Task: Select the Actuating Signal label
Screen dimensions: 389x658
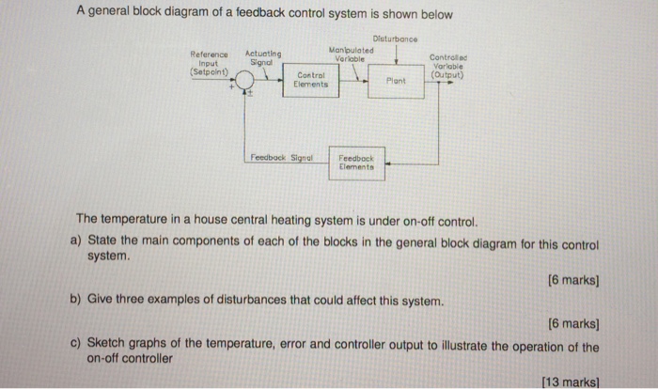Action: (x=268, y=58)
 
